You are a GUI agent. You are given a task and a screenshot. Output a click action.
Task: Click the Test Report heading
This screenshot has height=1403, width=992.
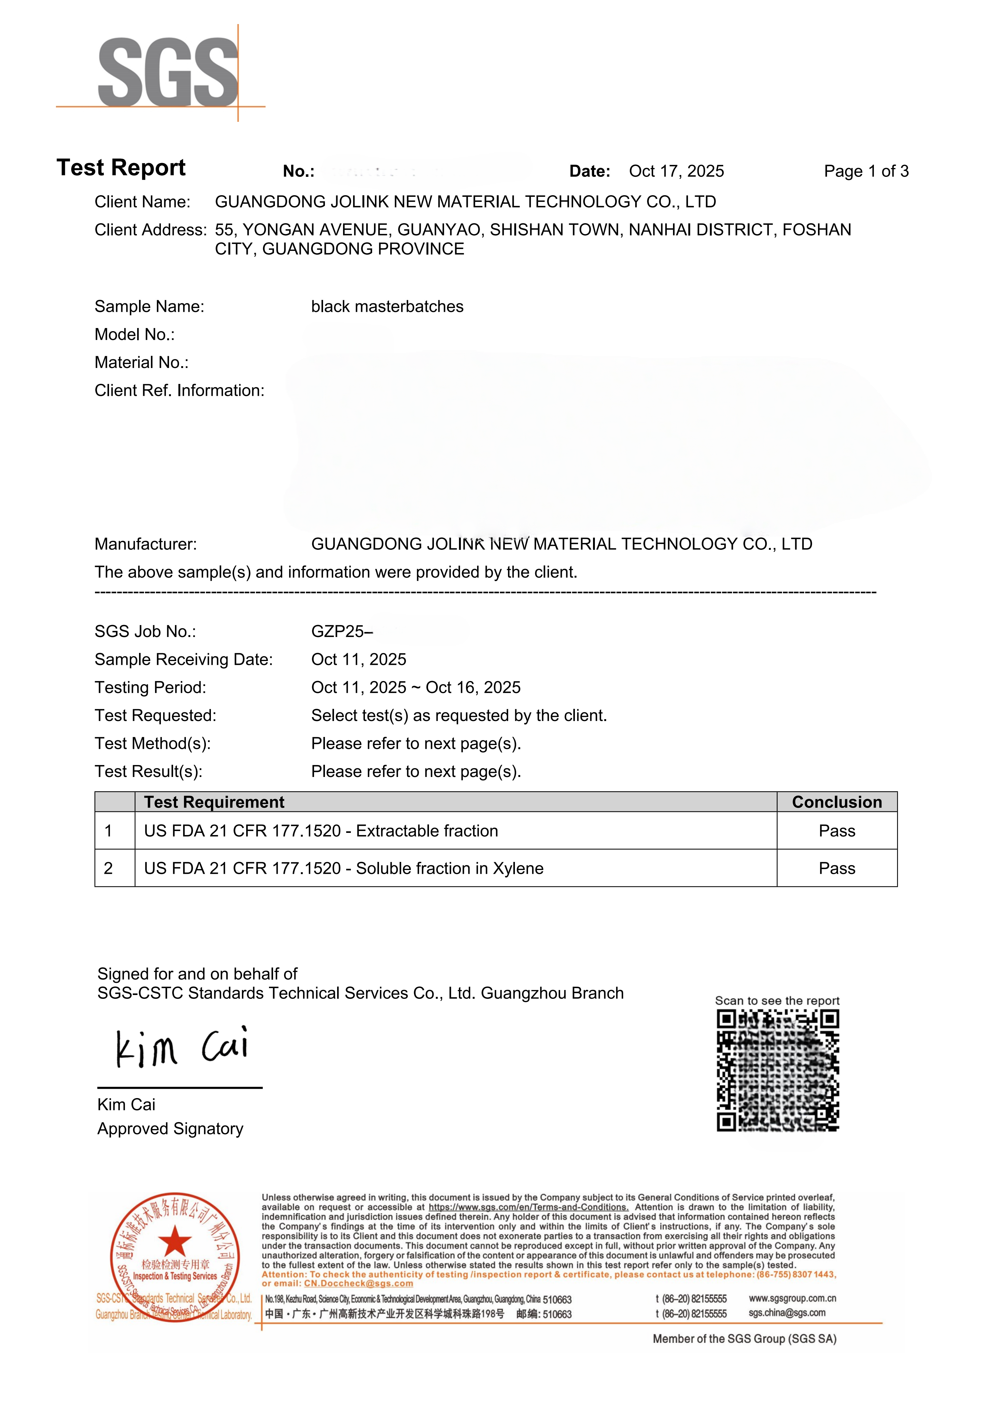(121, 167)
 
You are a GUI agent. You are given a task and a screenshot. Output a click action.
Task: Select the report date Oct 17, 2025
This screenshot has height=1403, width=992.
(677, 171)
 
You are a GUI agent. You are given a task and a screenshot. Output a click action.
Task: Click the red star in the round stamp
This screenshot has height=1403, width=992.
(175, 1241)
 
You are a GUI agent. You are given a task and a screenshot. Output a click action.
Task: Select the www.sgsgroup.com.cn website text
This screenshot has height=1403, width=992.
(792, 1299)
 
